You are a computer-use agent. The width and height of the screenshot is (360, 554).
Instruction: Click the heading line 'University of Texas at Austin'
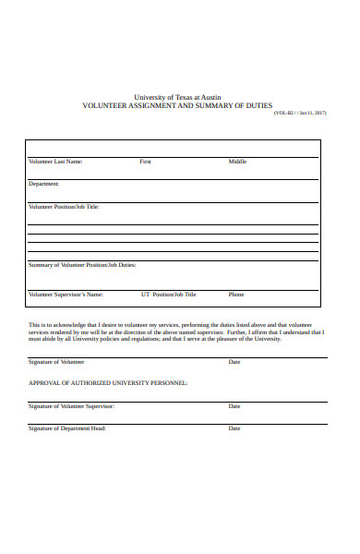coord(178,97)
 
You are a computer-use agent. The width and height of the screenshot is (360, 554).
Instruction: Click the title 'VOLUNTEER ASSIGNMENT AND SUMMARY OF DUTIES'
coord(178,106)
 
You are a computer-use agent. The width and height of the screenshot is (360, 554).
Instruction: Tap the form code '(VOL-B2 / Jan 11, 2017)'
coord(300,114)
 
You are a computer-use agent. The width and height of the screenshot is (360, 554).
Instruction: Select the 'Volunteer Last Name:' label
coord(55,162)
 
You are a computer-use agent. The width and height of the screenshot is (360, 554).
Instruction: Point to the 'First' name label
coord(145,162)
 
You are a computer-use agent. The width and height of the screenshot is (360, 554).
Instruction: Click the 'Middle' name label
coord(238,162)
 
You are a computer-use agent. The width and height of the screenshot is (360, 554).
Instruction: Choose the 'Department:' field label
coord(44,184)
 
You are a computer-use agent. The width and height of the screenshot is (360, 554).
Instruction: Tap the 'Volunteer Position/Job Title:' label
coord(64,207)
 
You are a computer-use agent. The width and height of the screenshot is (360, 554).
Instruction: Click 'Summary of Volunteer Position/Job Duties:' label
coord(82,265)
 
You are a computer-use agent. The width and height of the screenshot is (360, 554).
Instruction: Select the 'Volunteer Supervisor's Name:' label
coord(66,295)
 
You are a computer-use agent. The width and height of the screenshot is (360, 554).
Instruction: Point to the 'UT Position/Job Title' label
coord(168,295)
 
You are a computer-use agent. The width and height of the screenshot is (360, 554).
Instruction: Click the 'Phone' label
coord(236,295)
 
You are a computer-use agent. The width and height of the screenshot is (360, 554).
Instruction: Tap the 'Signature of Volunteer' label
coord(56,362)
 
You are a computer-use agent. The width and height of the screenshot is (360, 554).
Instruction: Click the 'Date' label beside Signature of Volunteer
coord(234,362)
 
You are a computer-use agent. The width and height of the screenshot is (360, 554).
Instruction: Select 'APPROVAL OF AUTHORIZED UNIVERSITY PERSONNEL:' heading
coord(108,382)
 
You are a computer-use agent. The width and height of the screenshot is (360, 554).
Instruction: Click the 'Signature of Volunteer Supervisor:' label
coord(71,406)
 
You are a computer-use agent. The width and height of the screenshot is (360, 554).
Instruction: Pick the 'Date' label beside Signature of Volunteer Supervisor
coord(234,406)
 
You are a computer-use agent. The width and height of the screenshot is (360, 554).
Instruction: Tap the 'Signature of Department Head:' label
coord(66,428)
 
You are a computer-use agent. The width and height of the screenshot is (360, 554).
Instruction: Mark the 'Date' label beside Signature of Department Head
coord(234,428)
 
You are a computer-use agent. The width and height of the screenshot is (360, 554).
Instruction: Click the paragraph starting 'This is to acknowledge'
coord(171,332)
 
